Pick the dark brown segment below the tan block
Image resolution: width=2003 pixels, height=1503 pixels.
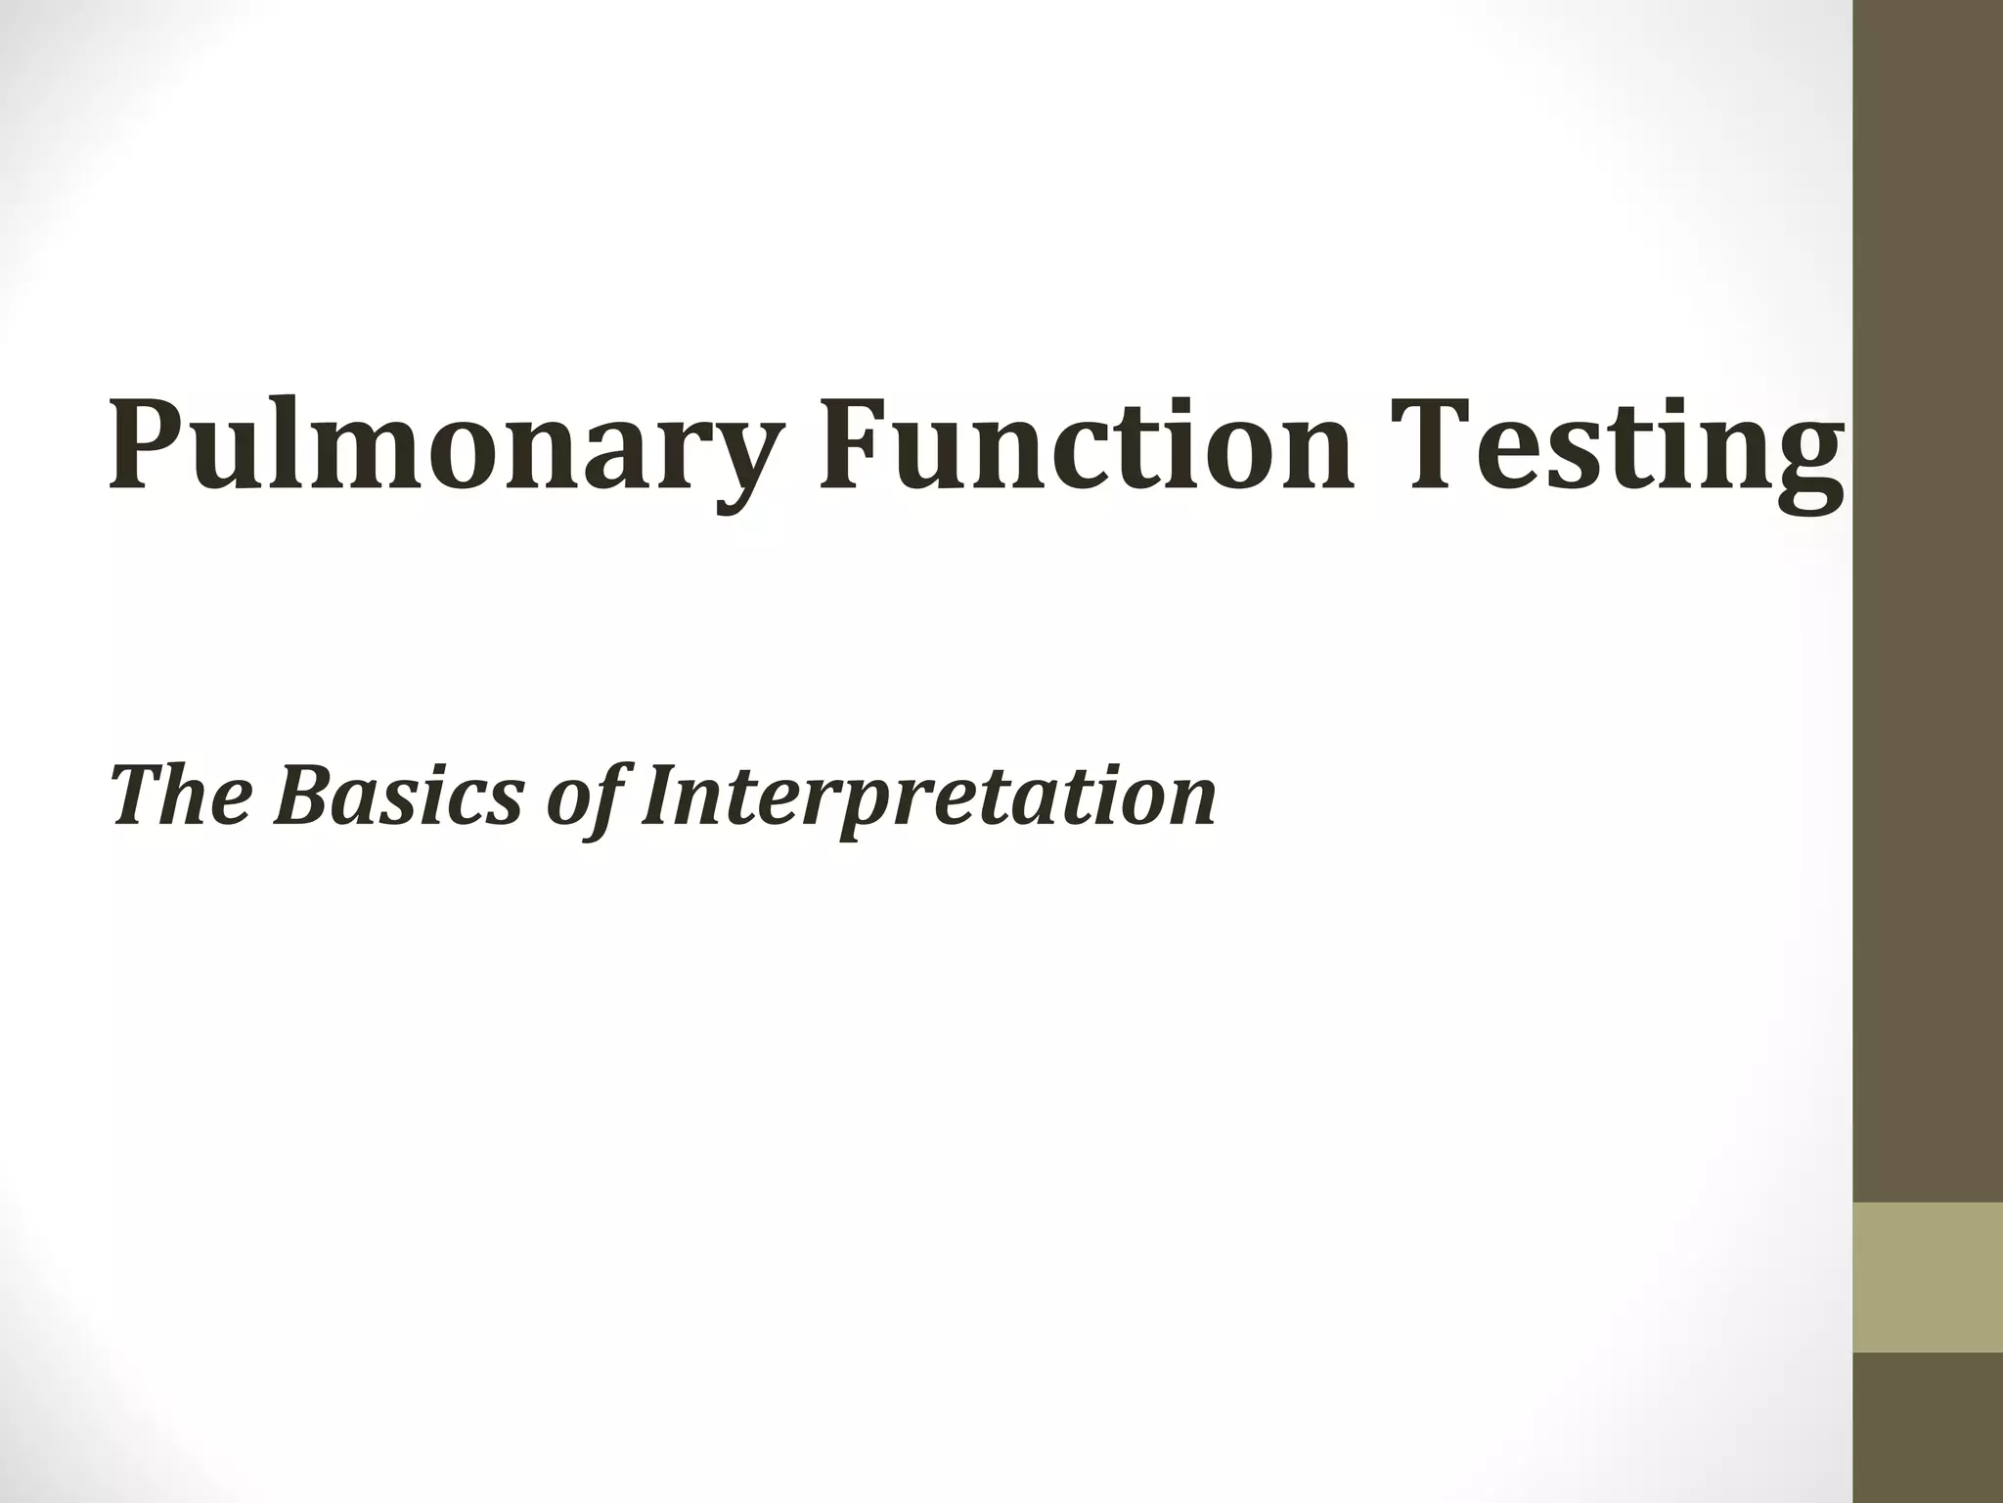coord(1928,1428)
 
